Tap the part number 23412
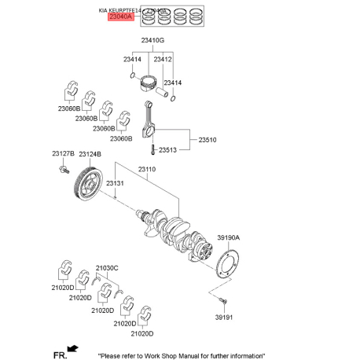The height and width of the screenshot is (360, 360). click(163, 59)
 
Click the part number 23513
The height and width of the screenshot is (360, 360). click(167, 149)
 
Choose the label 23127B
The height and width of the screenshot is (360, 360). click(63, 153)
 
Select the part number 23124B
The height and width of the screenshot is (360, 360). click(90, 153)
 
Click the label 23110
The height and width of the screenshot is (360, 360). click(147, 168)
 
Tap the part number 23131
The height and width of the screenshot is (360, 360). click(115, 183)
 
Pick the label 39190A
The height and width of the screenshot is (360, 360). click(228, 237)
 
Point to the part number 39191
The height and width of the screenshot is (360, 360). click(226, 318)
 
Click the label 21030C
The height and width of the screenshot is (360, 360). click(107, 268)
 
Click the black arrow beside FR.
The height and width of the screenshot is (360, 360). click(73, 348)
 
